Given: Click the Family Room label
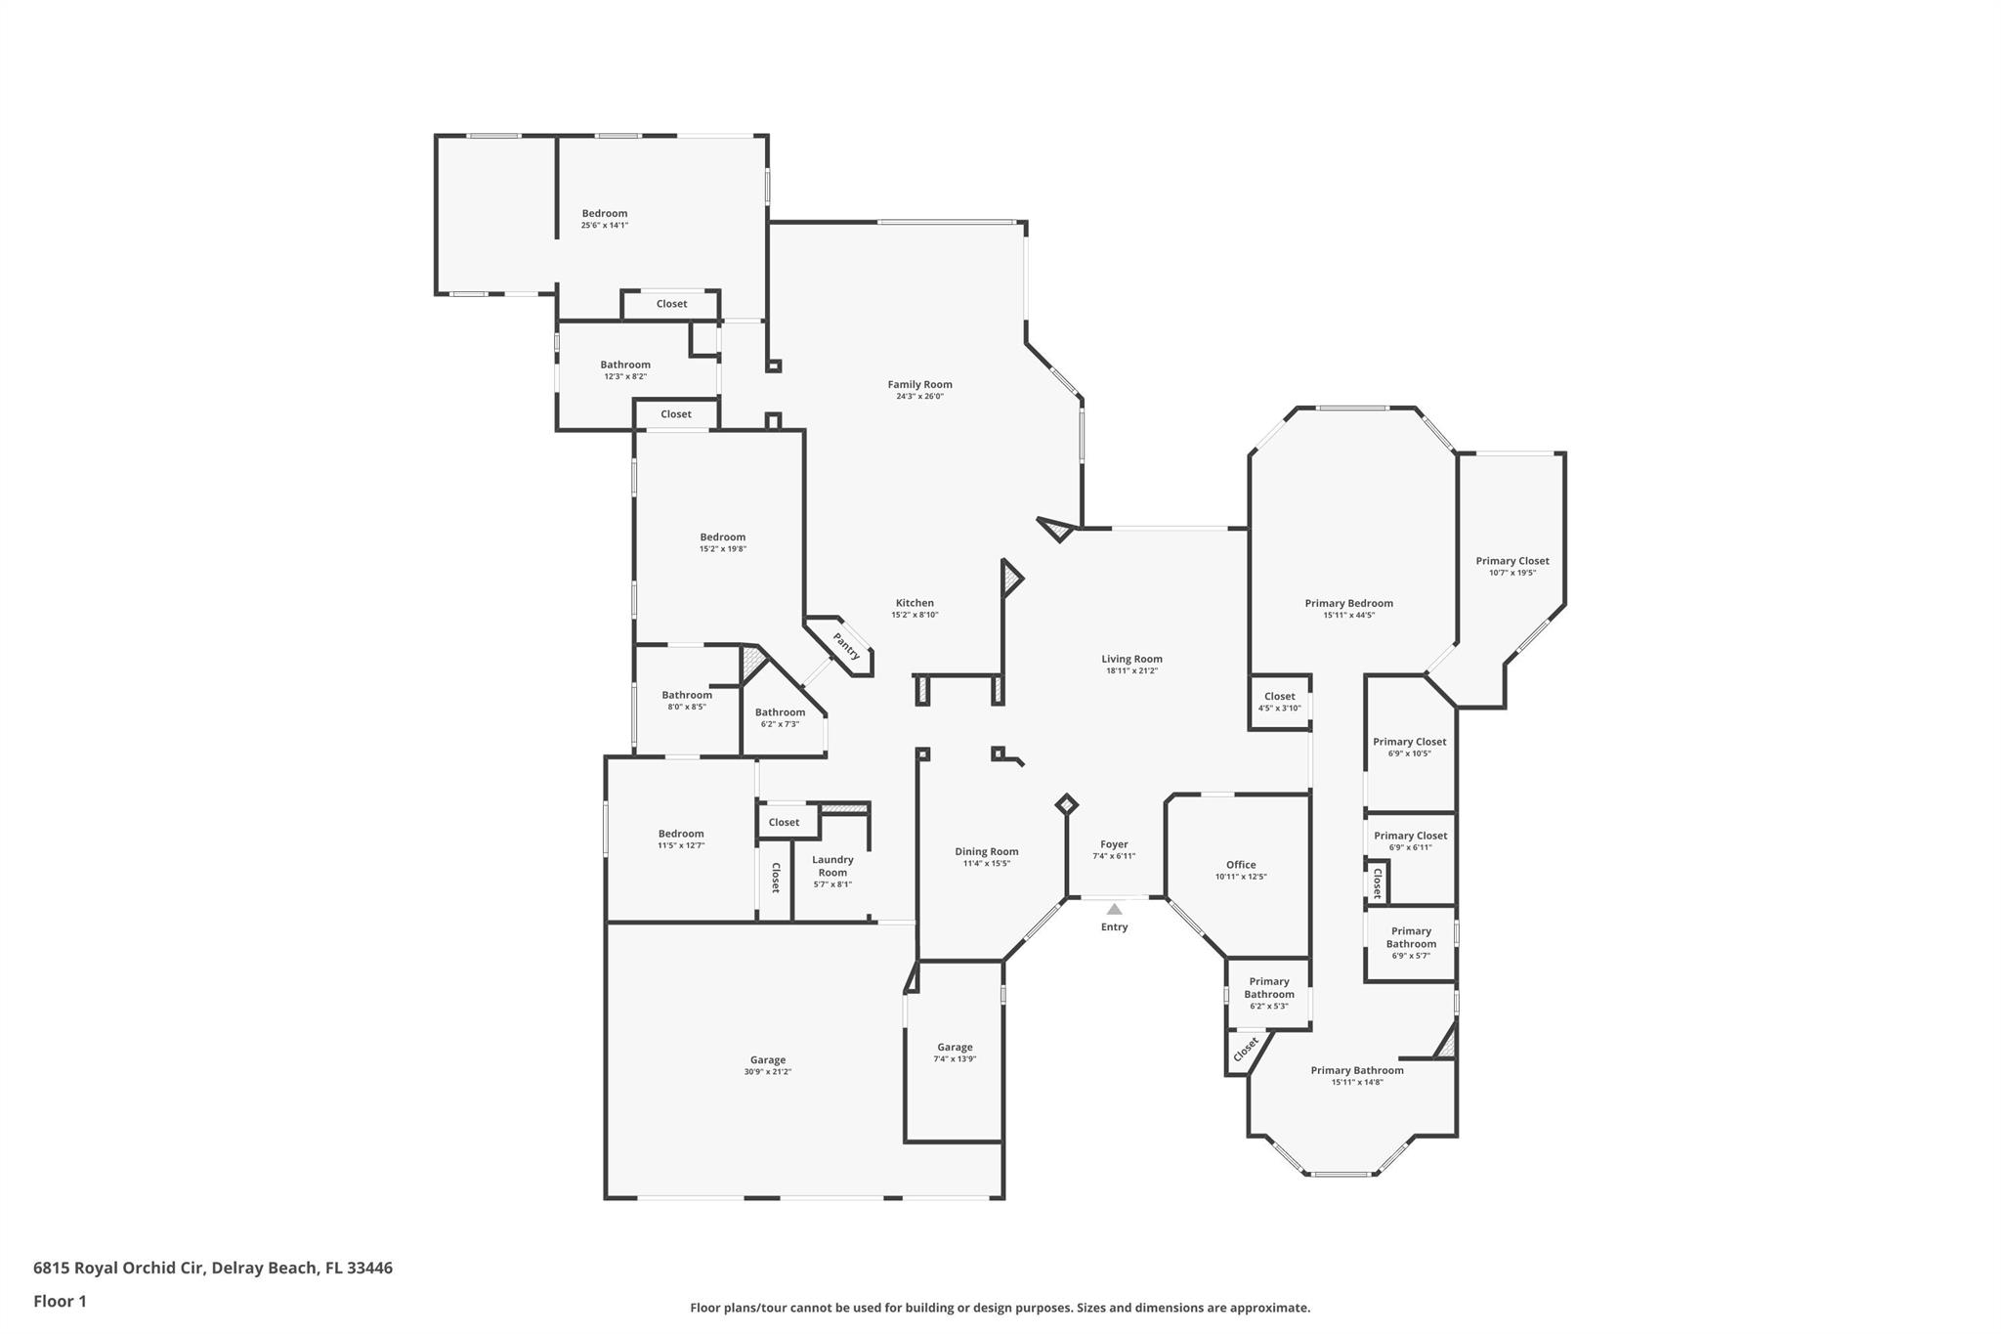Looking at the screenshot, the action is (919, 385).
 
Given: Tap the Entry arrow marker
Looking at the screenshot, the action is (1114, 909).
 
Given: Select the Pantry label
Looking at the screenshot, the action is (846, 646).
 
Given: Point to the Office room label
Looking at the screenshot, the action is (1241, 865).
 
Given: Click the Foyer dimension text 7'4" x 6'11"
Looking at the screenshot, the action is (1114, 856).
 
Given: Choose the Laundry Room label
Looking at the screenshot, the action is (832, 866).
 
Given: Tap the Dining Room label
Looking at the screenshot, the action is (987, 852).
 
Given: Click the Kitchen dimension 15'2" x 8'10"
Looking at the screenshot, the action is (915, 615).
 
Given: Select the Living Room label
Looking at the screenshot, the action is (1132, 659).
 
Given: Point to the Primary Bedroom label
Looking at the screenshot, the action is (1349, 604).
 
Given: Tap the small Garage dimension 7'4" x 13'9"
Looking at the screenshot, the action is (955, 1058).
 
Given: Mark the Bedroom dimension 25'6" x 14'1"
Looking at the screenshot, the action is (605, 225).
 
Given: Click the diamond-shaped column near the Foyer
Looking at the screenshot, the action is (1067, 804).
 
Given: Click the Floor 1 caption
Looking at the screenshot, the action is (60, 1301).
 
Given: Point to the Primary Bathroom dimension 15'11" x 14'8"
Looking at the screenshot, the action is (1357, 1082).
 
